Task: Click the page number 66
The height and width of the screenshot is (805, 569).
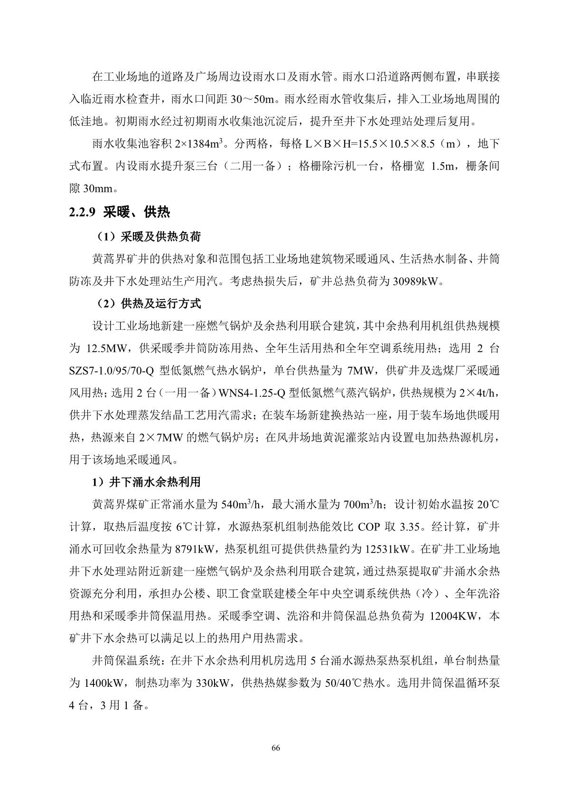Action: click(x=276, y=748)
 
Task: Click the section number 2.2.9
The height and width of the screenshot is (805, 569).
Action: click(x=83, y=212)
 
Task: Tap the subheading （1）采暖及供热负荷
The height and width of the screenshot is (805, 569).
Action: click(x=147, y=236)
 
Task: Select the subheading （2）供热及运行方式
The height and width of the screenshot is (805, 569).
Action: click(x=147, y=303)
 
